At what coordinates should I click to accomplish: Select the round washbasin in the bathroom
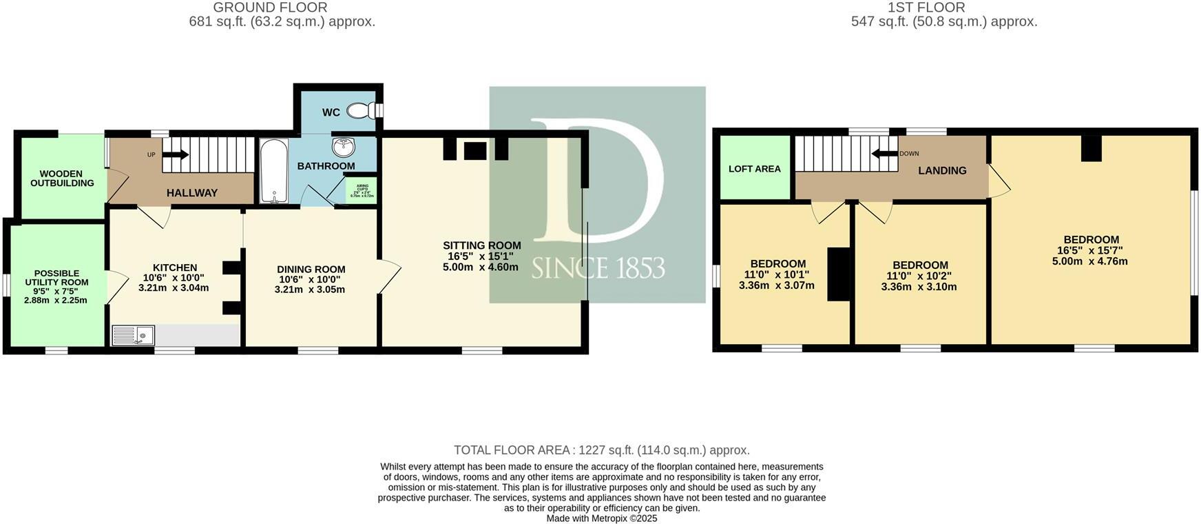[342, 147]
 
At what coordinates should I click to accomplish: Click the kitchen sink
[134, 336]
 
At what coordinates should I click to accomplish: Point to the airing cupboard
[362, 190]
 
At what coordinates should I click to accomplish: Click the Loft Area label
[755, 169]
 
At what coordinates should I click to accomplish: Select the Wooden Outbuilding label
[62, 179]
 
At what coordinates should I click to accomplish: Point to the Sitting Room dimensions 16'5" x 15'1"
[481, 256]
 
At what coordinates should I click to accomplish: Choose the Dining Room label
[311, 270]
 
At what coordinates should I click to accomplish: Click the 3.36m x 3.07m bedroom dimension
[777, 285]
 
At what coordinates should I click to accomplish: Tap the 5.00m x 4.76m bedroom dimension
[1090, 261]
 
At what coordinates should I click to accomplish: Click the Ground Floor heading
[270, 8]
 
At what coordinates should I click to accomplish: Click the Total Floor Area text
[602, 450]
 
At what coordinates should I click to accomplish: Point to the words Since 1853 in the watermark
[598, 268]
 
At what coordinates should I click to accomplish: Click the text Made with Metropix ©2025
[602, 518]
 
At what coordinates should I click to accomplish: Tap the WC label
[331, 112]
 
